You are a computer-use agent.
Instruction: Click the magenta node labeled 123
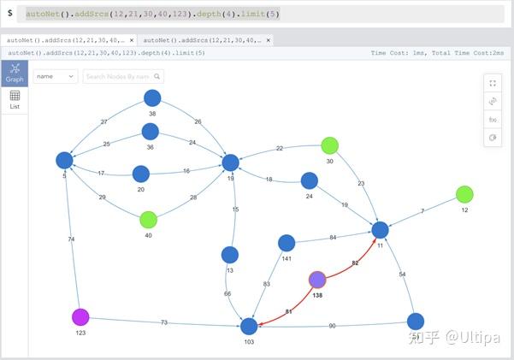point(80,317)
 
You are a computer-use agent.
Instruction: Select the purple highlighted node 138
point(317,280)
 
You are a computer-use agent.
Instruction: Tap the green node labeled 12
point(464,194)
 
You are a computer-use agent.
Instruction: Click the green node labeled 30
point(330,145)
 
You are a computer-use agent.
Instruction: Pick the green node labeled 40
point(149,220)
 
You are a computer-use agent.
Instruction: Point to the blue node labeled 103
point(249,326)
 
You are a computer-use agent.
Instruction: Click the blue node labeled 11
point(381,230)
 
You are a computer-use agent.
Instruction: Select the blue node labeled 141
point(287,243)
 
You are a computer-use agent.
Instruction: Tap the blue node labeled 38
point(152,98)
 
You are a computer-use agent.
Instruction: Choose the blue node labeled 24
point(310,180)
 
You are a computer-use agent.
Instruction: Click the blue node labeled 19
point(230,162)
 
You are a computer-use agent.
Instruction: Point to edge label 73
point(162,322)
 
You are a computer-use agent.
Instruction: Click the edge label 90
point(332,326)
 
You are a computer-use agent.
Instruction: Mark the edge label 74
point(71,239)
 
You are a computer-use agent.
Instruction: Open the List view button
point(15,100)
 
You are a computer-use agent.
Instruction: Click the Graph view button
point(15,73)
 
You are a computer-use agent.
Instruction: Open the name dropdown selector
point(56,76)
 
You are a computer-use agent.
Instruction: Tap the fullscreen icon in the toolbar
point(493,83)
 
